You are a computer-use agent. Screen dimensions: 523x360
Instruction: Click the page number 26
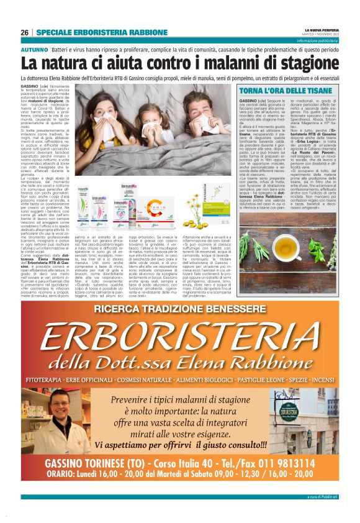(x=24, y=32)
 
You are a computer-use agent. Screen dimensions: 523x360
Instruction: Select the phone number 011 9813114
(x=279, y=463)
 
